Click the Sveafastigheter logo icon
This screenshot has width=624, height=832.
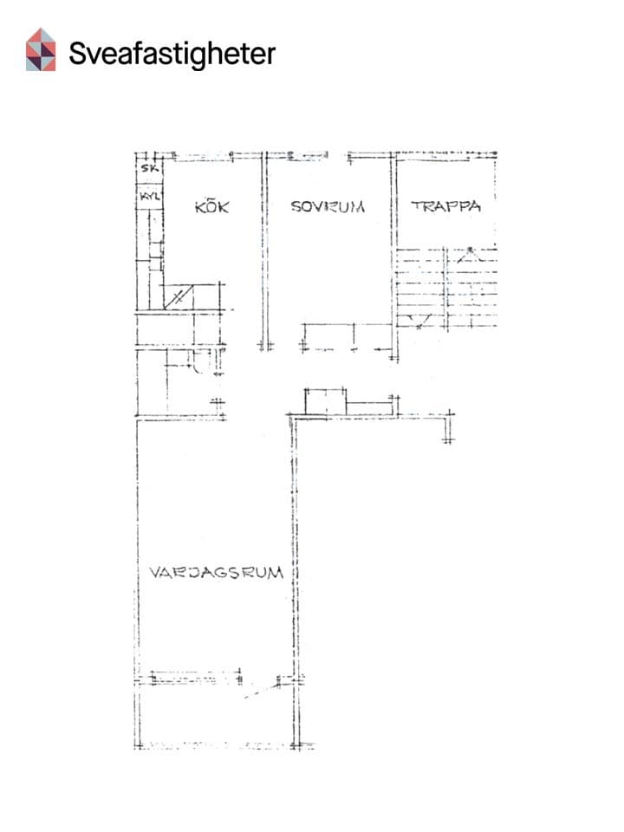click(41, 49)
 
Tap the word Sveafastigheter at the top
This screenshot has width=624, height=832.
click(172, 54)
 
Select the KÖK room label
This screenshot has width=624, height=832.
click(211, 206)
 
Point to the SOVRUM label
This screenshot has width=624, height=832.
click(328, 206)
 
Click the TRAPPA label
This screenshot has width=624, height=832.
click(445, 206)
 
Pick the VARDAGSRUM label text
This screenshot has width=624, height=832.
click(216, 573)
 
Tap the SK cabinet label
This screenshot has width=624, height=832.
click(149, 169)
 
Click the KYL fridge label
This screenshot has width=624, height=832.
click(149, 197)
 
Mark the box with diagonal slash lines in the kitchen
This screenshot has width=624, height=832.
click(179, 296)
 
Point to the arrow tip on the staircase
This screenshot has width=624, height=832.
click(470, 249)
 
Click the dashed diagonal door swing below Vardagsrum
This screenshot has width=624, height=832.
click(261, 691)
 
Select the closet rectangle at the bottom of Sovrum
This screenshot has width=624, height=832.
click(348, 336)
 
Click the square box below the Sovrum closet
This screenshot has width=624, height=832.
click(325, 401)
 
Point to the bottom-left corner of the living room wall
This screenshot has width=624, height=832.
click(138, 746)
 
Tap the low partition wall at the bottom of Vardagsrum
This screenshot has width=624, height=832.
click(196, 678)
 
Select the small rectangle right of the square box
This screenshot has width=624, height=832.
click(369, 408)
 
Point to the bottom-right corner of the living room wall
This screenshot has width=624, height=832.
click(295, 746)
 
